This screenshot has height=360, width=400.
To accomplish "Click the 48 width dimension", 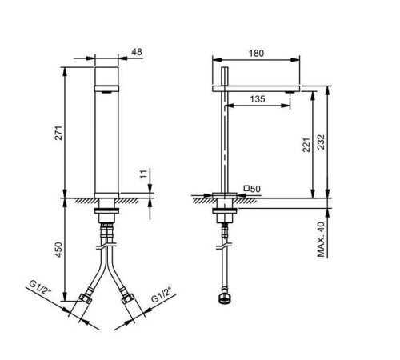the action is point(137,52).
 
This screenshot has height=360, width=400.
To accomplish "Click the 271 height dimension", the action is point(58,133).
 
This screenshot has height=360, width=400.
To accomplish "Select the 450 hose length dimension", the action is point(58,250).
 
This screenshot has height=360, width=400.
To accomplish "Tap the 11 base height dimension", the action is point(144,174).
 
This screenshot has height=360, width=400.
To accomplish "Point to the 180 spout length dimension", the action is point(256,54).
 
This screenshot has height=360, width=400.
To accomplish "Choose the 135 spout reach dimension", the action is point(258,99).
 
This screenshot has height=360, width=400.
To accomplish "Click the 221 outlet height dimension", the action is point(306,145).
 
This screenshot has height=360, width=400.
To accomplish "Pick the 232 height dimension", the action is point(322,142).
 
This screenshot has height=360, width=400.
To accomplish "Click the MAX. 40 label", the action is point(322,239).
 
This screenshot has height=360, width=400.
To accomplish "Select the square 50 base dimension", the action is point(252,189).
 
